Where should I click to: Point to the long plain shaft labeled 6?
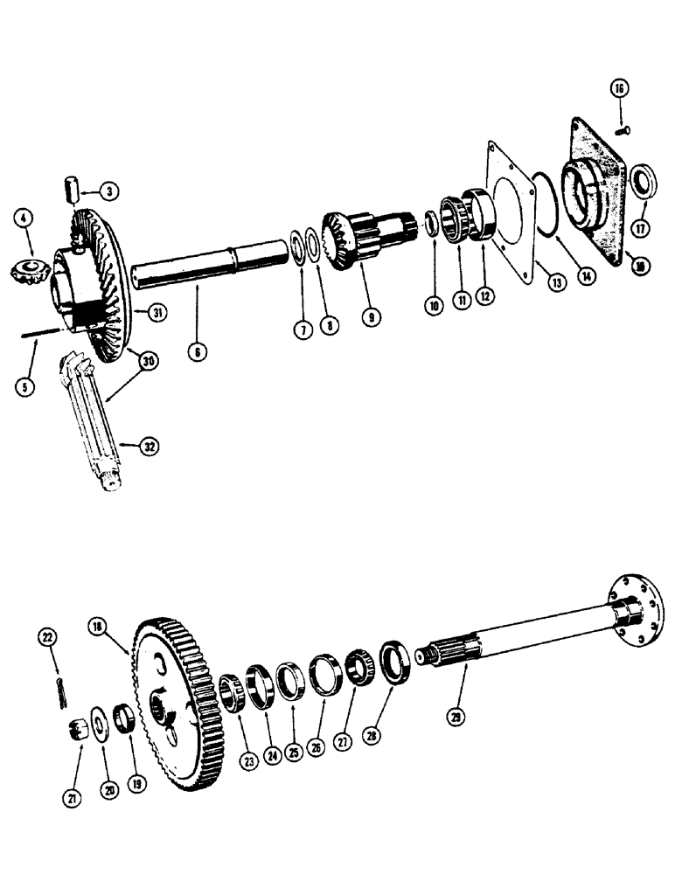(210, 266)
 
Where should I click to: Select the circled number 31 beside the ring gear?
(157, 311)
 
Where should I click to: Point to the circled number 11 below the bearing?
(457, 296)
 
